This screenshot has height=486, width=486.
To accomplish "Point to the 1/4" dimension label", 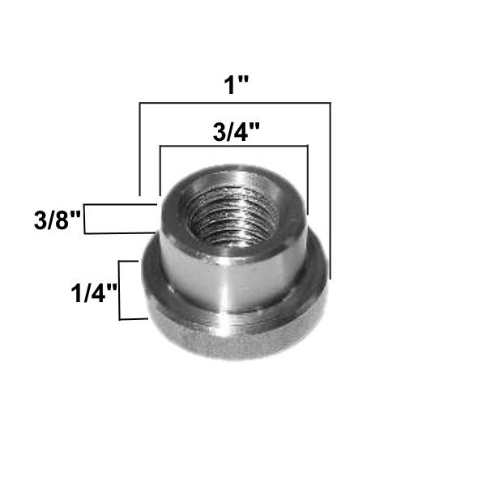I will pyautogui.click(x=92, y=290).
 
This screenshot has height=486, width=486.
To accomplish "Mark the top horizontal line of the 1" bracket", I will pyautogui.click(x=235, y=104).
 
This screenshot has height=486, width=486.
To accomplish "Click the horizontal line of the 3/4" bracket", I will pyautogui.click(x=235, y=147).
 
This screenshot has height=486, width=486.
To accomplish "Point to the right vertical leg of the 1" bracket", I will pyautogui.click(x=330, y=186).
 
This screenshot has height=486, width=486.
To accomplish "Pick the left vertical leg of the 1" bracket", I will pyautogui.click(x=140, y=150).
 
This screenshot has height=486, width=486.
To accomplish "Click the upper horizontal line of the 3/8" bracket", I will pyautogui.click(x=122, y=206).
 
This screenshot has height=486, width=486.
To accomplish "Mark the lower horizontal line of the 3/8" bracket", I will pyautogui.click(x=122, y=233).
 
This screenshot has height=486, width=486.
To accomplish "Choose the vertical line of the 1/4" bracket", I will pyautogui.click(x=120, y=290).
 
